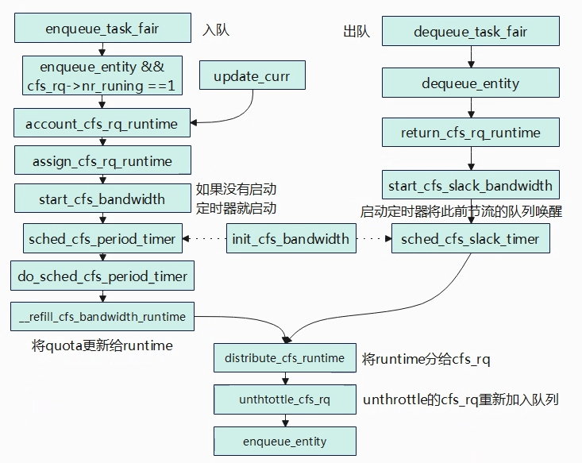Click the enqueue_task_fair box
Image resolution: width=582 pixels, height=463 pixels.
(102, 28)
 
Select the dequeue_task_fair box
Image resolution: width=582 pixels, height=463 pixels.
(471, 31)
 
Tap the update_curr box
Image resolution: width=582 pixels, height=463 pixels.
(252, 75)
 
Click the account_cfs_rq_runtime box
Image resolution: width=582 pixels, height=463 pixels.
(102, 123)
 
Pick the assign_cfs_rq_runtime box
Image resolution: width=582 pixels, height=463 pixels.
(102, 160)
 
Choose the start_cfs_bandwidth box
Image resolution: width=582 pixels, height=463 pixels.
(102, 199)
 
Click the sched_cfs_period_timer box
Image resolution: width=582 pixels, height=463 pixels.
(102, 238)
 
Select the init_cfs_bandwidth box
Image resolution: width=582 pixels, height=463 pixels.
(291, 238)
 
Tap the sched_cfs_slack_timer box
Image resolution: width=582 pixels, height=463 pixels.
(471, 238)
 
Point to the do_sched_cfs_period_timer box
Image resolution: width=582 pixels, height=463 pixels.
(102, 276)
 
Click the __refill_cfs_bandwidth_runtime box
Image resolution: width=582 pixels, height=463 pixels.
(102, 316)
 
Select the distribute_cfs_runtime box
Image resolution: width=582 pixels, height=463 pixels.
(285, 358)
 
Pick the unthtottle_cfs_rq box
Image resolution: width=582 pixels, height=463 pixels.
(285, 399)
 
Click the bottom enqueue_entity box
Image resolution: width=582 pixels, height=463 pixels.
(285, 441)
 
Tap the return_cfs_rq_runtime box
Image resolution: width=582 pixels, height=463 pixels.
(471, 132)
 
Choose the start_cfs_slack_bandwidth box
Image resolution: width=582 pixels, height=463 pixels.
(471, 185)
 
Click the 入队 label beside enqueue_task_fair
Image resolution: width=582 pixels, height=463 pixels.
(216, 29)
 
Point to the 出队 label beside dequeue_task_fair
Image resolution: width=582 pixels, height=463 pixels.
(357, 31)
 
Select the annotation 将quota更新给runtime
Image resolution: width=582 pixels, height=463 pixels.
(102, 345)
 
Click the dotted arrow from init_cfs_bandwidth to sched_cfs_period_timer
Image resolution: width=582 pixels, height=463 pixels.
(205, 239)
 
